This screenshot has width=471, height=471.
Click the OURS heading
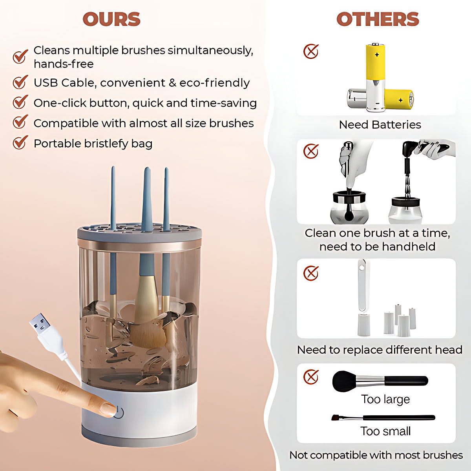tap(111, 19)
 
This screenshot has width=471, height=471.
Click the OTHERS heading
tap(378, 19)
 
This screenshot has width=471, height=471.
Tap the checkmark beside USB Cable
tap(20, 82)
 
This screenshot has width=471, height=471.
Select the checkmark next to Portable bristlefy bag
tap(20, 142)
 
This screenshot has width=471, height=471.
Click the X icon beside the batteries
tap(310, 51)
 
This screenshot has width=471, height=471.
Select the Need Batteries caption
tap(380, 125)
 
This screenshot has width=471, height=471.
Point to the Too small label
tap(385, 431)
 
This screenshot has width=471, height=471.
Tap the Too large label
tap(385, 400)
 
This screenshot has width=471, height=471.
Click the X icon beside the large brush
tap(310, 377)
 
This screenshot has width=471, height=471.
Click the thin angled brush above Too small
tap(383, 418)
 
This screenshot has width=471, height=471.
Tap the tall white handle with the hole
tap(363, 297)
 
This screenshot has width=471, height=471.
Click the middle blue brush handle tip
tap(147, 169)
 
